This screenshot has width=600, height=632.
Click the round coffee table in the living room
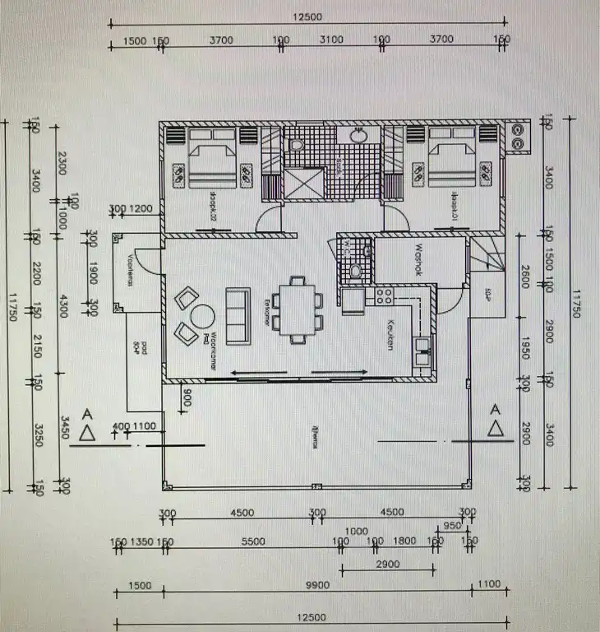(201, 316)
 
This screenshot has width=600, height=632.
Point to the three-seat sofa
(238, 314)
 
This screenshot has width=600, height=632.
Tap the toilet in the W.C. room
(356, 269)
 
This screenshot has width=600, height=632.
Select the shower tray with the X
(304, 184)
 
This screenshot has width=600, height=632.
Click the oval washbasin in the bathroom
(358, 136)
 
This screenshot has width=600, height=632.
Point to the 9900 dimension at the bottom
(316, 585)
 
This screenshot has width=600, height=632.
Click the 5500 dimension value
(252, 541)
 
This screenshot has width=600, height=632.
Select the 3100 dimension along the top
(331, 39)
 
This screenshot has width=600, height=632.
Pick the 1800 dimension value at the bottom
(405, 541)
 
